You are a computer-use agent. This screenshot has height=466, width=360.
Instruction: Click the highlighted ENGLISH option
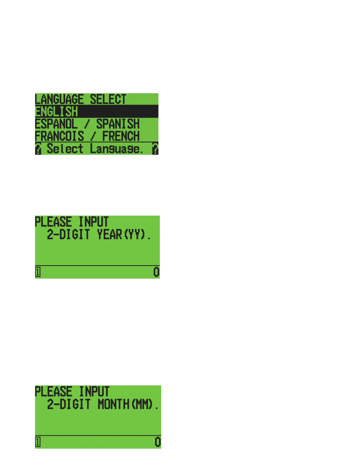56,112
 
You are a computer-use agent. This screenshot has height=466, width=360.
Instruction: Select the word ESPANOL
56,124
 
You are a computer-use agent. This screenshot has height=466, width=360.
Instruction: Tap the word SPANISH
118,124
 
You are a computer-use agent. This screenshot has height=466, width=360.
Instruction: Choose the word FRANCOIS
59,137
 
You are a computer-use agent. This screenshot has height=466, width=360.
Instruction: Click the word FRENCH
121,137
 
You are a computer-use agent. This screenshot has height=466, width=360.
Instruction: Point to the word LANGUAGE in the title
59,99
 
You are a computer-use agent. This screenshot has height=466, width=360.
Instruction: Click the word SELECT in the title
108,99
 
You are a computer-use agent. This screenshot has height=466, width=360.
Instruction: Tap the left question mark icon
38,149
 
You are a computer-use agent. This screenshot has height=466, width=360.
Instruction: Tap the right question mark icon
155,149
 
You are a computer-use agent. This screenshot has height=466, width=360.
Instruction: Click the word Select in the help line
65,149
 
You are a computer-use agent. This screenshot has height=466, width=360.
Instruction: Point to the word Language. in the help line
116,149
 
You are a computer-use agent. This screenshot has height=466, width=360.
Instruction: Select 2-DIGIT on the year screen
68,235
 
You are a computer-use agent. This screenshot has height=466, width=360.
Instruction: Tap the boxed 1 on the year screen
38,272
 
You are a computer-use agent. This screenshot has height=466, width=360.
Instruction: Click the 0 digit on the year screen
156,272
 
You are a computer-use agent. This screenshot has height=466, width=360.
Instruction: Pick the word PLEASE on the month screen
53,392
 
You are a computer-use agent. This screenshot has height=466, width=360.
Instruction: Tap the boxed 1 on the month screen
38,442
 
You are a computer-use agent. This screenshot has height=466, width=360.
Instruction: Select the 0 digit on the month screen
158,442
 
